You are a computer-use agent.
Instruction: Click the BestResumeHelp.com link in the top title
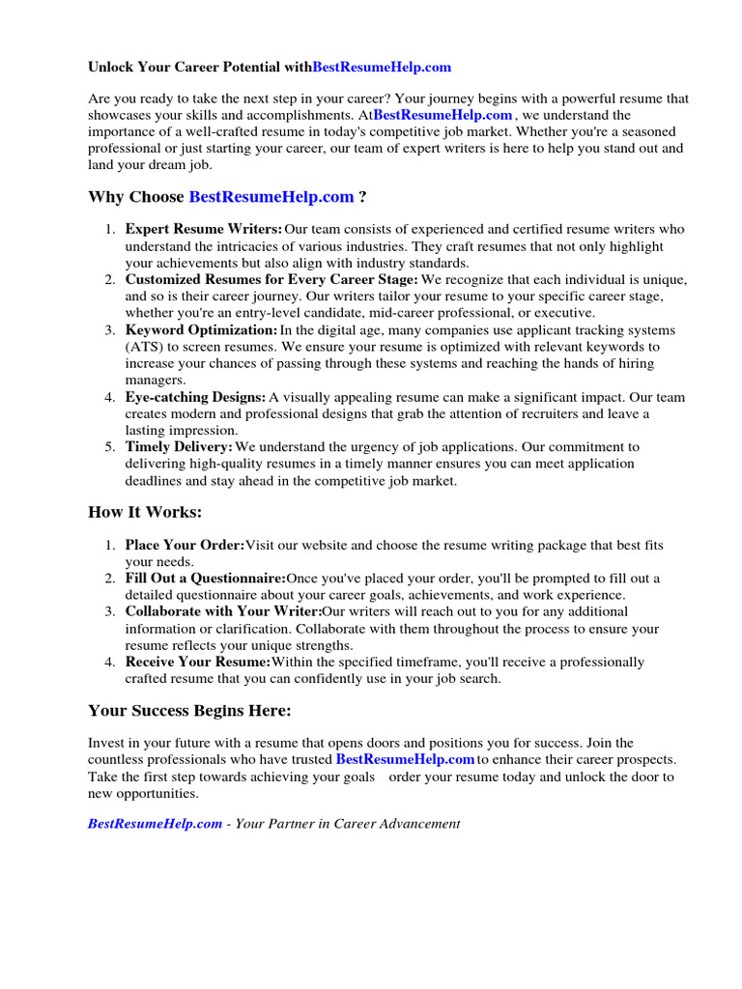tap(382, 68)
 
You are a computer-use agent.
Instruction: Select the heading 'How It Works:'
tap(145, 512)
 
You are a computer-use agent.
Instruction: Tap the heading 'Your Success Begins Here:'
tap(189, 711)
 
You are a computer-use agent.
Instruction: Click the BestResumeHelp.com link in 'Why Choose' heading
tap(271, 197)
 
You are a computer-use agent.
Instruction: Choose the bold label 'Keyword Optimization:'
tap(201, 330)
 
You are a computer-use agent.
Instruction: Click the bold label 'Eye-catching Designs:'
tap(195, 397)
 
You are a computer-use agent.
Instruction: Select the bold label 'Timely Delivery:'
tap(179, 447)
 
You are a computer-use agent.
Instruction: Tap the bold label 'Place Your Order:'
tap(185, 546)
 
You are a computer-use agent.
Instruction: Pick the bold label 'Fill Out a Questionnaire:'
tap(206, 579)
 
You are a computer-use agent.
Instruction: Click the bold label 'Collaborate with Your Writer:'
tap(223, 611)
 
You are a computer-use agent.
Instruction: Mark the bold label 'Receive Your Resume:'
tap(198, 662)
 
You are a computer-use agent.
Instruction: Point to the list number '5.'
tap(110, 447)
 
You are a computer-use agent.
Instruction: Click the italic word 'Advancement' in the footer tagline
tap(418, 824)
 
